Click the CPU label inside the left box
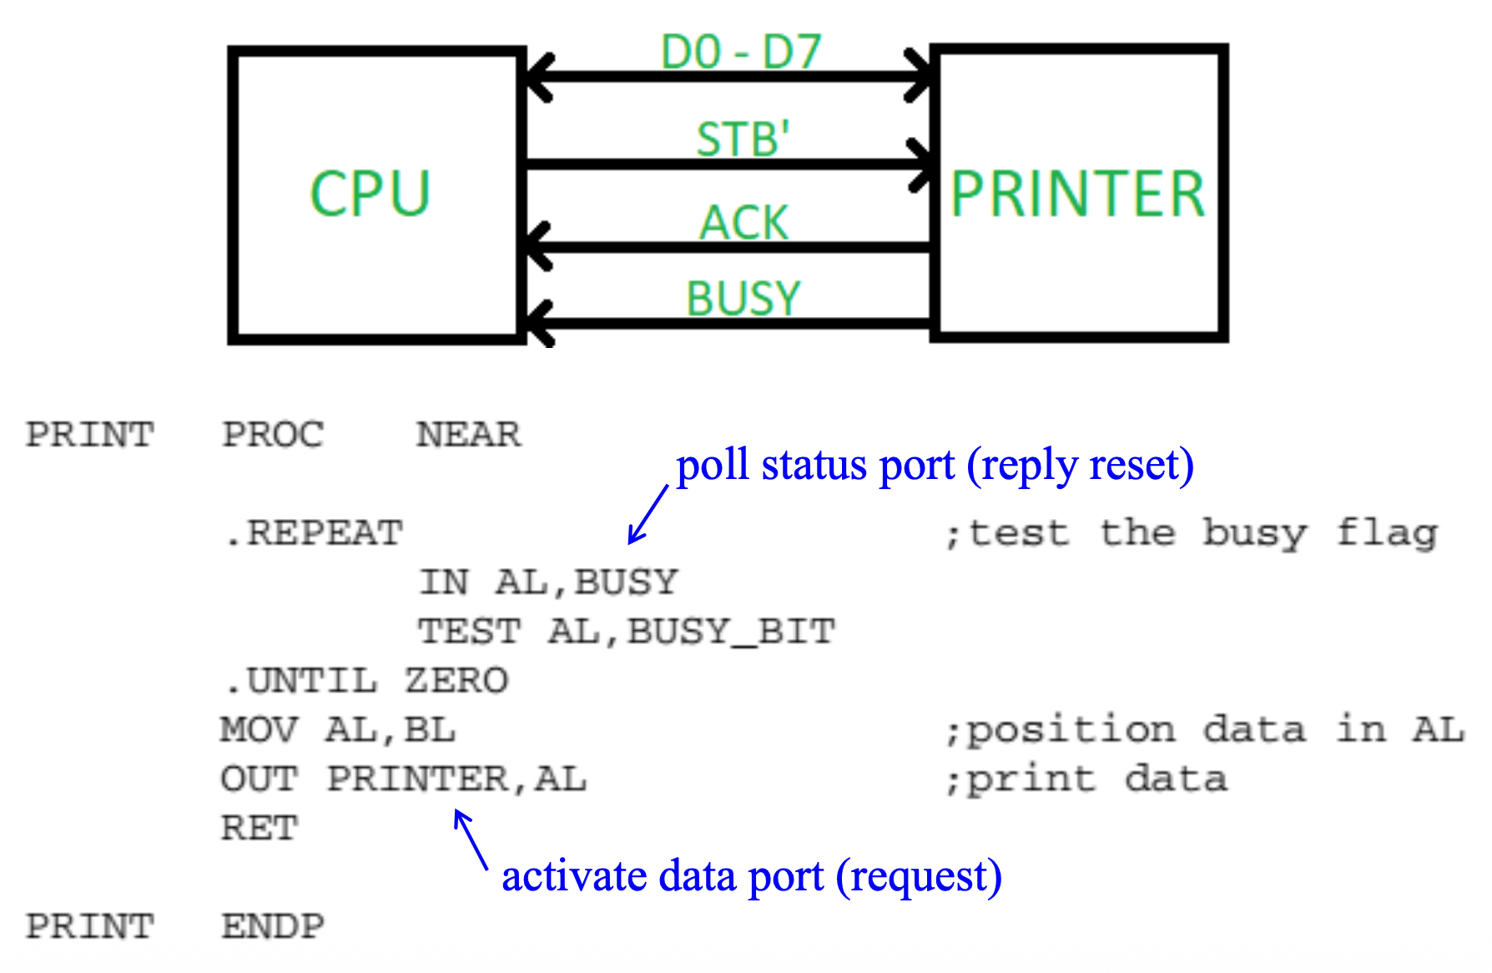[370, 194]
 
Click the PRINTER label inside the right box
[1078, 194]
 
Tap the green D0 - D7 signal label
[741, 52]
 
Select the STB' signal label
[743, 139]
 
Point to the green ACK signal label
[743, 222]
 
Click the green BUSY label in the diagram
[743, 298]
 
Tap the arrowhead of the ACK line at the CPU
[536, 247]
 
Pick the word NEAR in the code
[468, 435]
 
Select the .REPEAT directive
[314, 533]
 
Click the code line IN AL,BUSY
[548, 582]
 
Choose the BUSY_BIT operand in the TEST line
[731, 632]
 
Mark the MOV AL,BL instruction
[338, 730]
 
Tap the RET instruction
[259, 829]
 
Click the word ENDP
[273, 926]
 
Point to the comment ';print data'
[1086, 779]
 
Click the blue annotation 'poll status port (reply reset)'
[935, 465]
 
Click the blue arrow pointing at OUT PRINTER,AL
[471, 839]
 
